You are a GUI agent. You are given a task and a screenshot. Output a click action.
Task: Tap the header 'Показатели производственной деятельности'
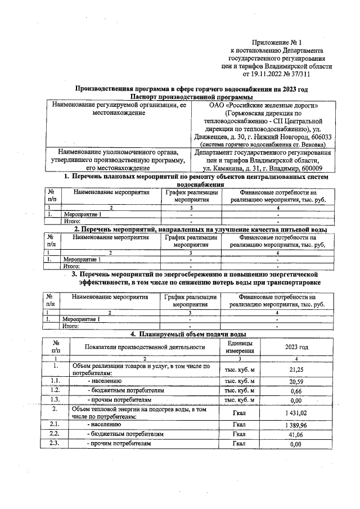tap(145, 347)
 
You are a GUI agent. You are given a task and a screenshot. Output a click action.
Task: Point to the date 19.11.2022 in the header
tap(260, 74)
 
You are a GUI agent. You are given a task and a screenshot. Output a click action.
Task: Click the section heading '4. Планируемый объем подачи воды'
tap(189, 334)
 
